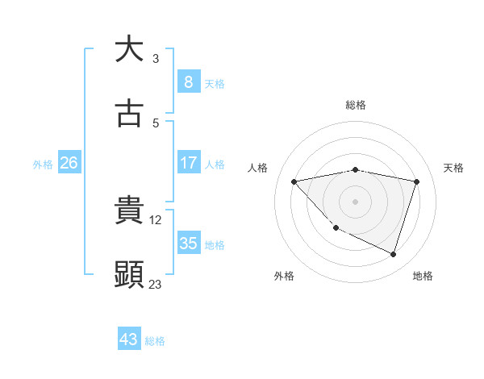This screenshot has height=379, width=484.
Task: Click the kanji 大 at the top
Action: point(129,49)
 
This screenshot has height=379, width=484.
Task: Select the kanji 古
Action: point(129,115)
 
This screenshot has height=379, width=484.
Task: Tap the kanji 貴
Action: point(129,210)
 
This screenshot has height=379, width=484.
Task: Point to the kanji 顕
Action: point(129,275)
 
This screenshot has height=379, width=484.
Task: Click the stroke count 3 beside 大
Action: point(156,58)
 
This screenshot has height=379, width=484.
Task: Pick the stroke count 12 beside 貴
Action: point(156,219)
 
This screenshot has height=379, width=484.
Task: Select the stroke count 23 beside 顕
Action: point(156,284)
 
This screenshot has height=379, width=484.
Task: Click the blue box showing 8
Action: point(188,82)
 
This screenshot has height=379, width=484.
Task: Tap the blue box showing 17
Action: point(188,163)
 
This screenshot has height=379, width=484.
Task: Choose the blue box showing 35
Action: point(188,244)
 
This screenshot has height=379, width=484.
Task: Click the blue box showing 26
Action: point(69,163)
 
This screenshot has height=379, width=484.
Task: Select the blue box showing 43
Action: point(129,339)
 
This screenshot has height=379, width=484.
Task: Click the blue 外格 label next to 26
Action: point(43,164)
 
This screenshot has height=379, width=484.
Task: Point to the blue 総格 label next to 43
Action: point(155,341)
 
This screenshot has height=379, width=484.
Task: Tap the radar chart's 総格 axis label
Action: point(356,105)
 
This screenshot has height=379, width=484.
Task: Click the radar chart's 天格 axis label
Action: point(454,168)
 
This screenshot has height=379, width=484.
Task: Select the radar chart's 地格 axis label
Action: point(423,276)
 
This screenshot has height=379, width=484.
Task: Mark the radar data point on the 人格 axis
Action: point(294,181)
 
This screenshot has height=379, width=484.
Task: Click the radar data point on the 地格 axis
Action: point(394,254)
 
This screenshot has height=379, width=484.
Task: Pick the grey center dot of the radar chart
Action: point(356,202)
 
